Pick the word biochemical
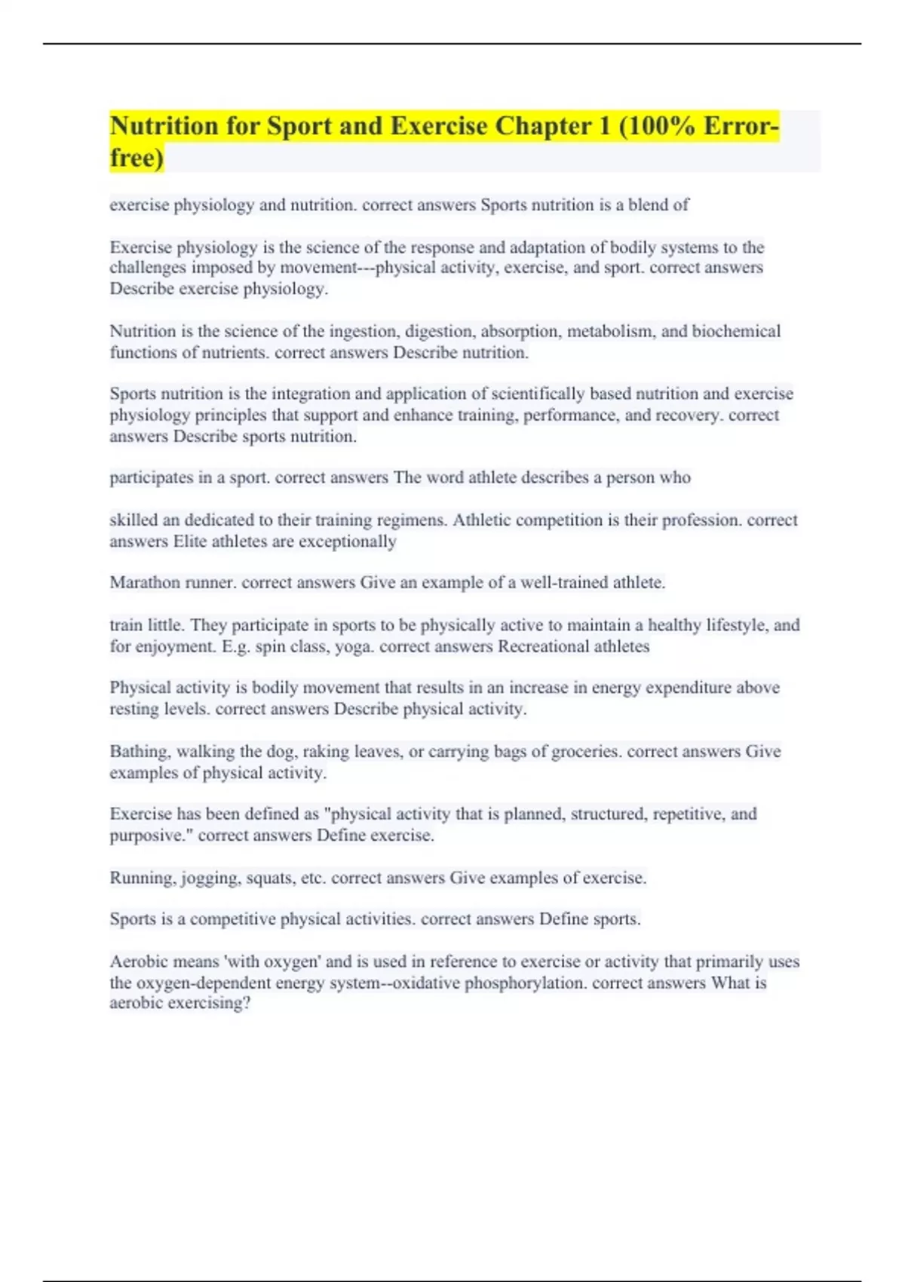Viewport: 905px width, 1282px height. pyautogui.click(x=736, y=331)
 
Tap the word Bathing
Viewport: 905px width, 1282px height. pyautogui.click(x=140, y=752)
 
